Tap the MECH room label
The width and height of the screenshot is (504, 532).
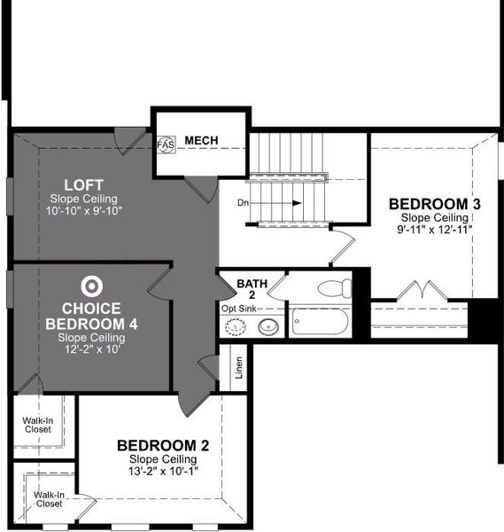[x=202, y=141]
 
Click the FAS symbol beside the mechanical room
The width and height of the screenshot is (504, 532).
[x=166, y=143]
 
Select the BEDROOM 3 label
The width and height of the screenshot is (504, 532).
[x=434, y=204]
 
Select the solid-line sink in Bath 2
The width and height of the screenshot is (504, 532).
[x=267, y=327]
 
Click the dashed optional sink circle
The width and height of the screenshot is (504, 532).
[x=236, y=327]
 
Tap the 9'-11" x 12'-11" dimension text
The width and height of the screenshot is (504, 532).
[x=434, y=229]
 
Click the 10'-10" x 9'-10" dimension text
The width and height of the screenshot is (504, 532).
[x=85, y=210]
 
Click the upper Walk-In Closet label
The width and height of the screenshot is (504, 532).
[x=37, y=423]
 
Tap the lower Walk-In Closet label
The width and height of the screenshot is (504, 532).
[x=49, y=499]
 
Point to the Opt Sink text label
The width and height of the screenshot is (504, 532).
[x=240, y=309]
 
